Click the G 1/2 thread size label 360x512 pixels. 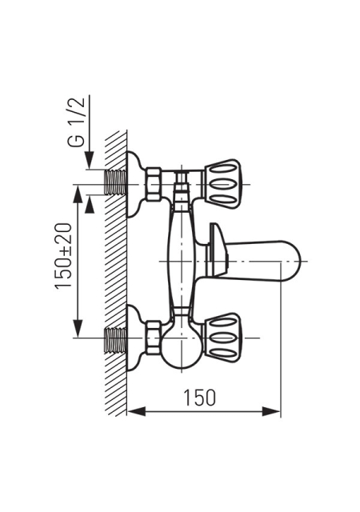click(77, 122)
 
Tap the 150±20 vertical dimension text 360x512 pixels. click(62, 256)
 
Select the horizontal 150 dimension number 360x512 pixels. click(200, 398)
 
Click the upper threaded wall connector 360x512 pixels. click(115, 182)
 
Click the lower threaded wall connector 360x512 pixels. click(115, 339)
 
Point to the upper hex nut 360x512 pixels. click(154, 184)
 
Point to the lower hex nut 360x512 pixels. click(154, 338)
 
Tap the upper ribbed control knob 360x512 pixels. click(222, 184)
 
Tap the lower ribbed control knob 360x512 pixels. click(222, 338)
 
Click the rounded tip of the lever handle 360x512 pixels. click(296, 261)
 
